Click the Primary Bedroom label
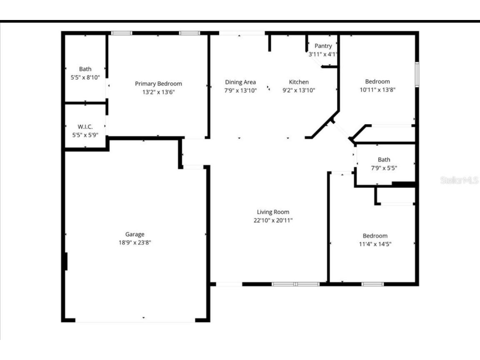tap(158, 84)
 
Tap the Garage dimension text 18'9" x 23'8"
tap(135, 242)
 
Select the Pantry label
tap(323, 46)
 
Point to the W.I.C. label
tap(85, 127)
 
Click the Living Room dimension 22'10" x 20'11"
tap(273, 220)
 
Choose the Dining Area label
tap(240, 82)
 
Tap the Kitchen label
tap(299, 82)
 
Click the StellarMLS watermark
tap(459, 180)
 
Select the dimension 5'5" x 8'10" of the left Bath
tap(85, 77)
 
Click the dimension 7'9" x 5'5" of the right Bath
tap(384, 168)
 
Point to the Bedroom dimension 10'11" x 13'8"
tap(377, 90)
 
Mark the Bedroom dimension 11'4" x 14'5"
tap(375, 244)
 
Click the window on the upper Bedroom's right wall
tap(417, 75)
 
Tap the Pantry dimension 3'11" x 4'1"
tap(323, 54)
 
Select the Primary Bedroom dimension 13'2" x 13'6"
tap(158, 92)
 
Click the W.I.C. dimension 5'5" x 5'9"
tap(85, 135)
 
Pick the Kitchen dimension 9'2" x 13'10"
tap(299, 90)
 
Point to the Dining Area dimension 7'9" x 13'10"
tap(240, 90)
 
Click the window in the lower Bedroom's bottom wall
tap(372, 284)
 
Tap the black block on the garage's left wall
tap(65, 261)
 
